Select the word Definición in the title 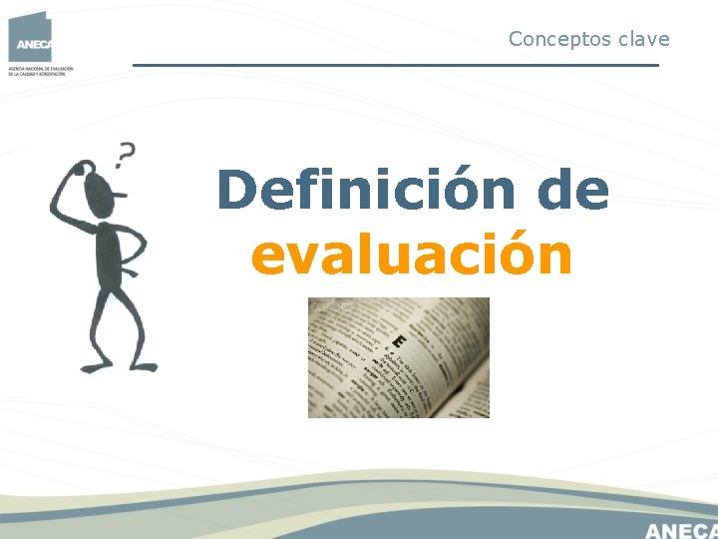pyautogui.click(x=366, y=190)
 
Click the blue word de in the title pyautogui.click(x=572, y=190)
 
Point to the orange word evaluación pyautogui.click(x=412, y=256)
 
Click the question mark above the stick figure pyautogui.click(x=126, y=155)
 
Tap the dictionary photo pyautogui.click(x=398, y=357)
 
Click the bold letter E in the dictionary pyautogui.click(x=399, y=342)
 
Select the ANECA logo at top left pyautogui.click(x=30, y=37)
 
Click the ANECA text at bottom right pyautogui.click(x=681, y=529)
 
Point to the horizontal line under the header pyautogui.click(x=396, y=66)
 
